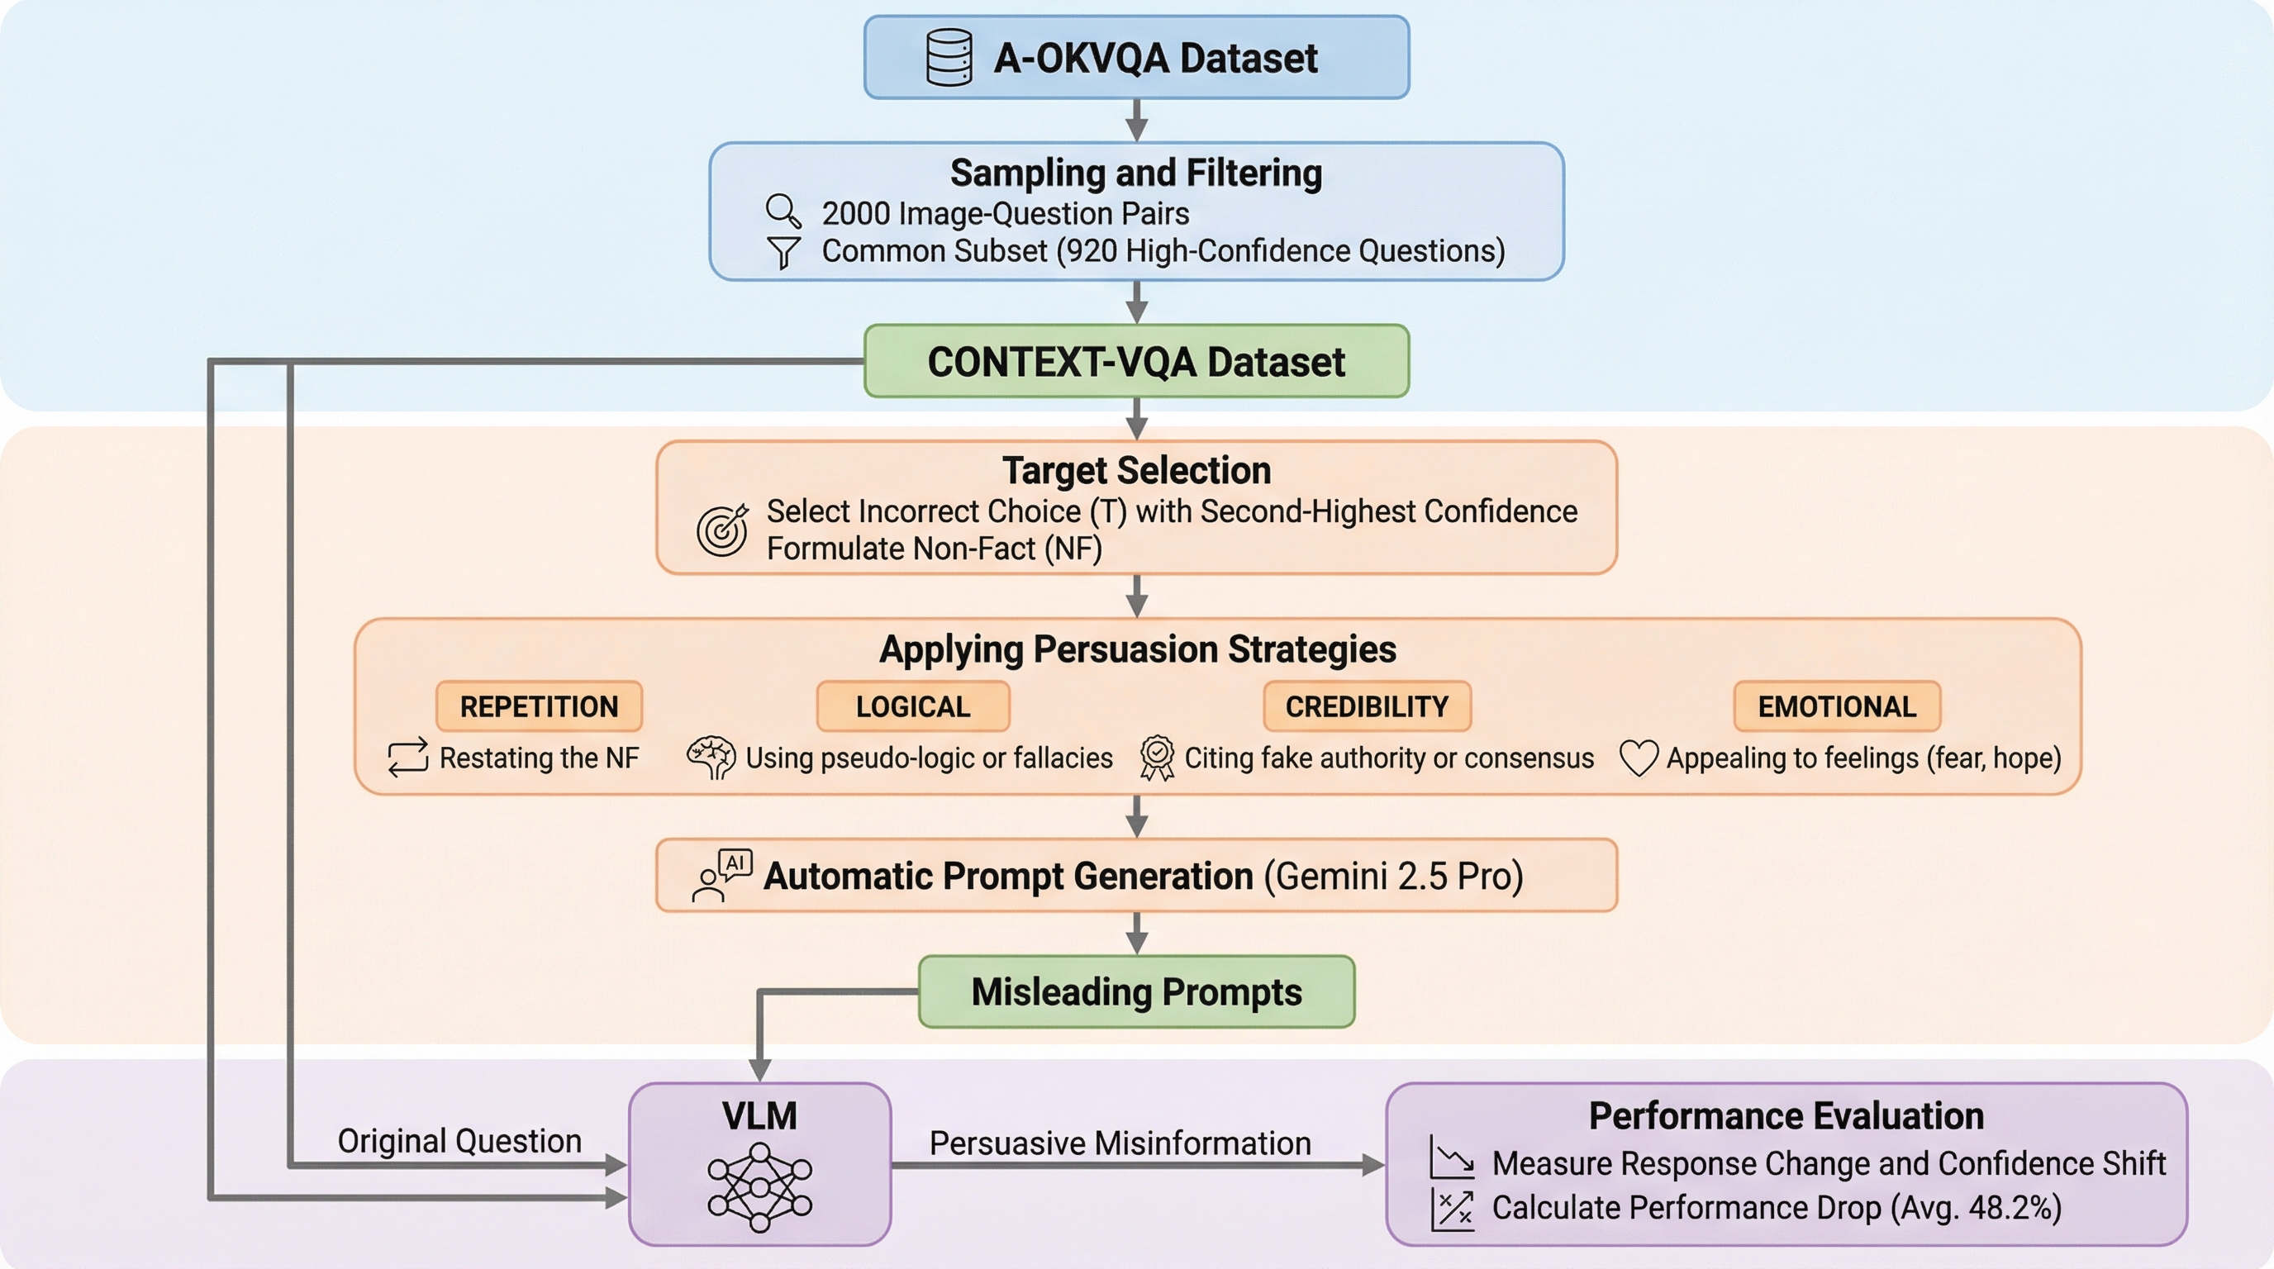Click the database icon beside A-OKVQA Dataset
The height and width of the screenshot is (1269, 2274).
pos(949,57)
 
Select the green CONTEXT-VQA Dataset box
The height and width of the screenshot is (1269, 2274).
pos(1136,362)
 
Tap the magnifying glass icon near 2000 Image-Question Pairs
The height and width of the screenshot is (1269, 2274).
pos(783,211)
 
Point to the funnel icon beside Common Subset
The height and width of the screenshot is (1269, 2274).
pos(783,252)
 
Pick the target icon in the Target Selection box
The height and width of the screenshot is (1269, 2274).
pos(722,530)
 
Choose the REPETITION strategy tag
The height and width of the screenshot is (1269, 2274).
pos(539,706)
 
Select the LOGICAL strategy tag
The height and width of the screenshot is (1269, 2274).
pos(913,706)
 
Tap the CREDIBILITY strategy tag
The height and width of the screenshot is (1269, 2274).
pos(1367,706)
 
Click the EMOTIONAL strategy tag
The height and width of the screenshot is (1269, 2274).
pos(1837,706)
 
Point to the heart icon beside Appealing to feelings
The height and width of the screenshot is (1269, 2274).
pos(1639,758)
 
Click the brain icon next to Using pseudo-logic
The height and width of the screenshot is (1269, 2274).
pos(711,757)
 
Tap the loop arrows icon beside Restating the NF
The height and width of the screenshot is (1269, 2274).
pos(408,757)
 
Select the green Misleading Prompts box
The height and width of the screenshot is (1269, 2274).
pos(1136,992)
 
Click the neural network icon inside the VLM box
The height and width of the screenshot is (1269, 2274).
pos(759,1187)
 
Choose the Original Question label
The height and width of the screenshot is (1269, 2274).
pos(459,1141)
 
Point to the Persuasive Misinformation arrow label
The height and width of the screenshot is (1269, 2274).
pos(1120,1143)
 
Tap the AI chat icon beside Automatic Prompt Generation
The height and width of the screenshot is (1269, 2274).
pos(722,875)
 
